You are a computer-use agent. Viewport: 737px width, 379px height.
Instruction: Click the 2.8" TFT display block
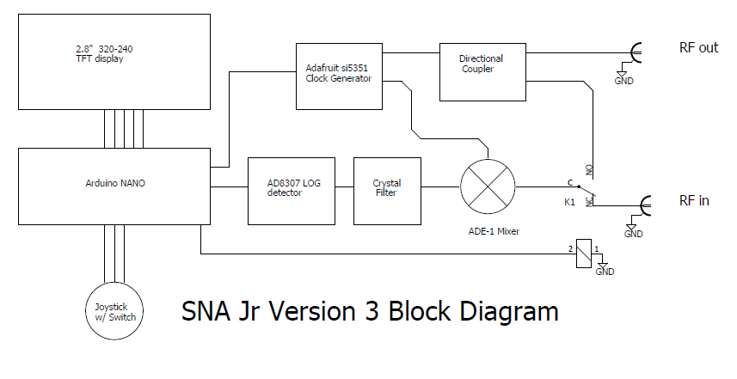pyautogui.click(x=114, y=61)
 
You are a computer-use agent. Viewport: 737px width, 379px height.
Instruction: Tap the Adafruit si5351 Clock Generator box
pyautogui.click(x=338, y=76)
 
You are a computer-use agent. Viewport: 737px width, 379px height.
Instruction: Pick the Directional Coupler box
pyautogui.click(x=482, y=71)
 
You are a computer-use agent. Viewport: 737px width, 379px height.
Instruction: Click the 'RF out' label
pyautogui.click(x=698, y=48)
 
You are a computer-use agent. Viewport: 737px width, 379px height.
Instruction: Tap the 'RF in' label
pyautogui.click(x=694, y=201)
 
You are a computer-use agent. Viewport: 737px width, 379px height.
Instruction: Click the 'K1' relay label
pyautogui.click(x=569, y=203)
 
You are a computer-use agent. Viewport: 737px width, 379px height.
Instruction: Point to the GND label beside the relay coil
pyautogui.click(x=605, y=272)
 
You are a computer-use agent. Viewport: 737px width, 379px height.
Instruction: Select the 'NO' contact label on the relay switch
pyautogui.click(x=589, y=170)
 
